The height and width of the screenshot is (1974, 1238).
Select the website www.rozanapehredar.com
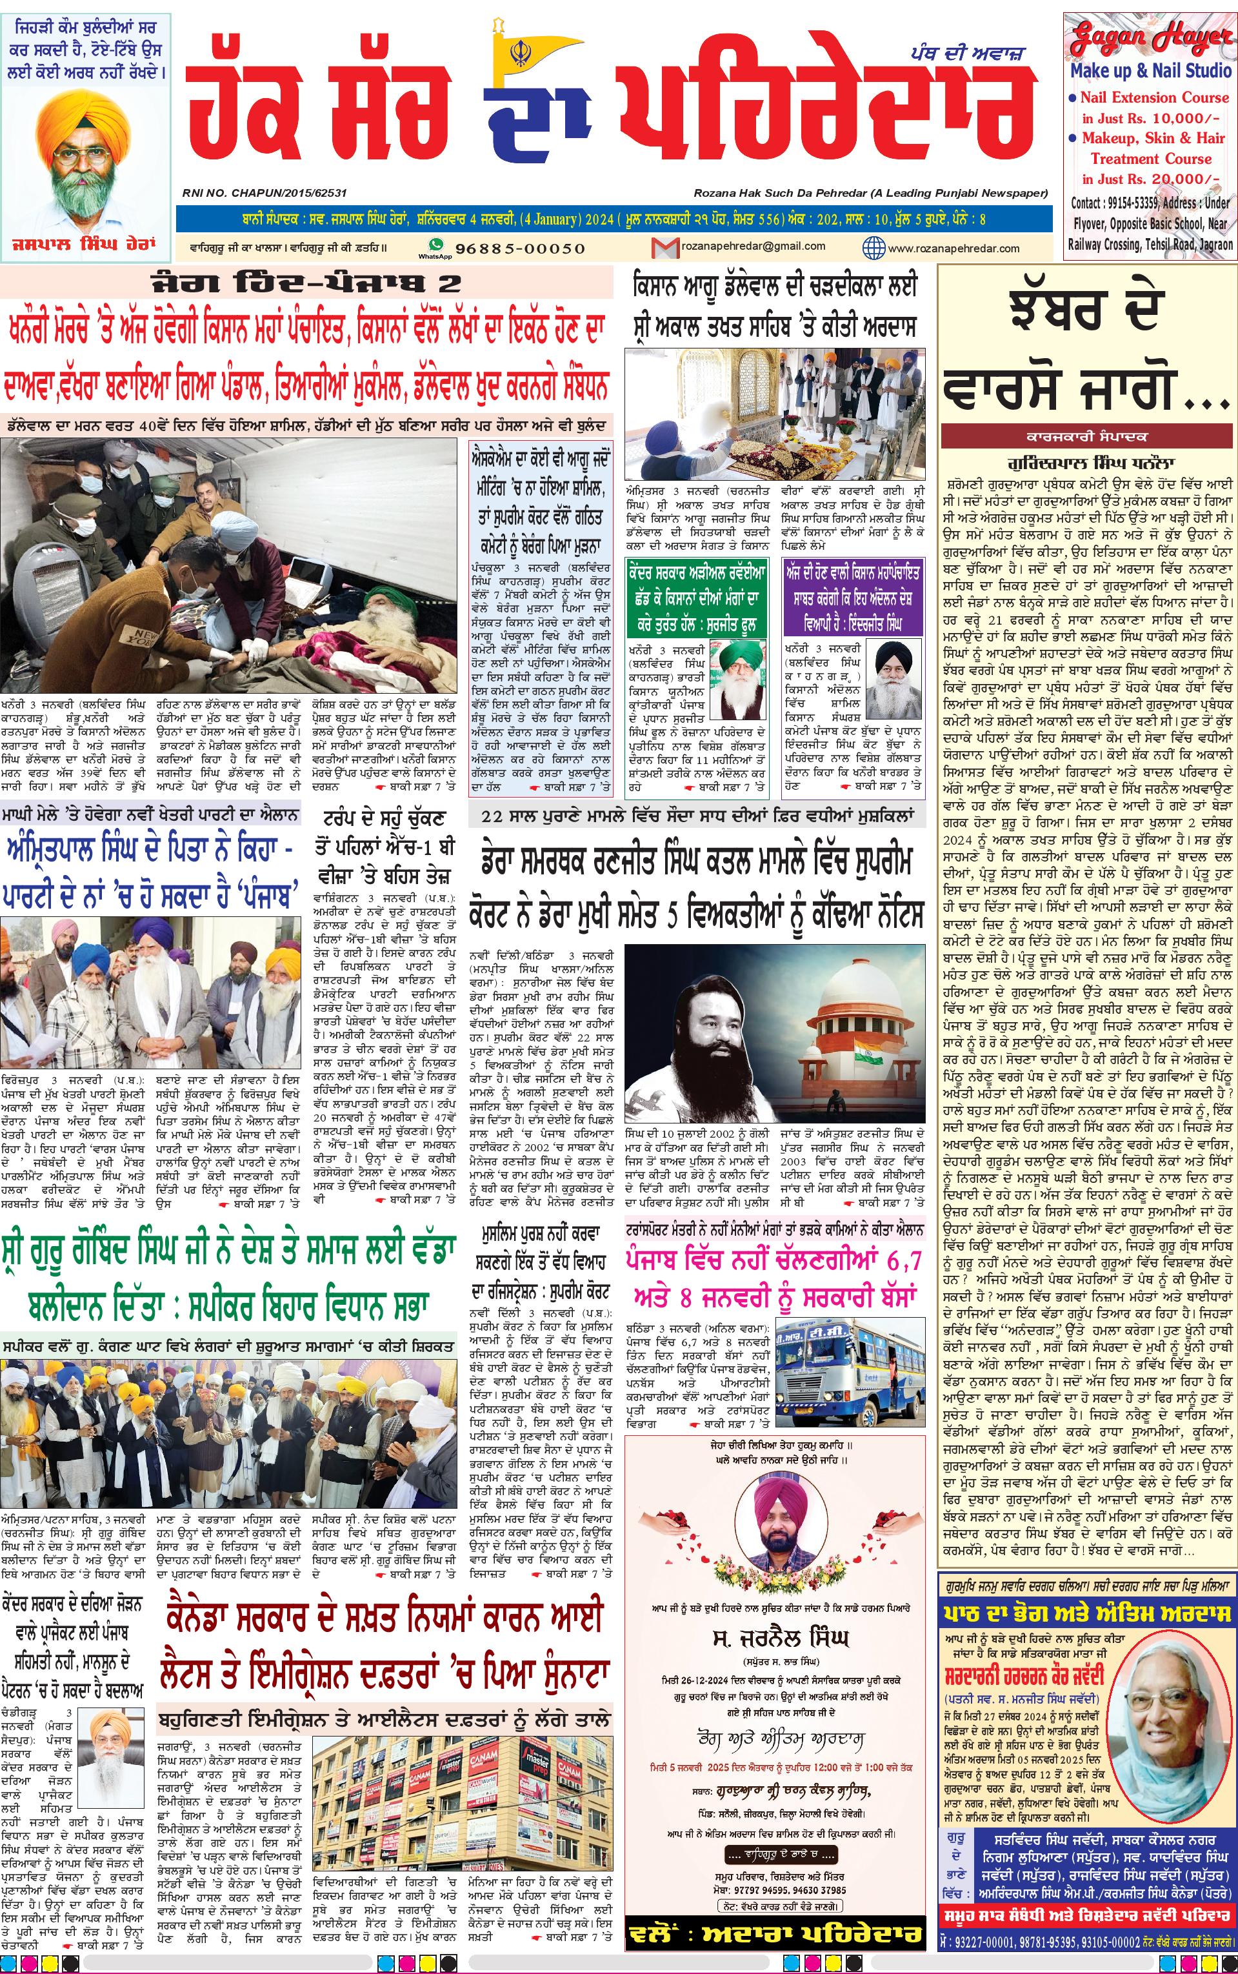(953, 248)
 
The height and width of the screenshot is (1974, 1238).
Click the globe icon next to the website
(874, 247)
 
